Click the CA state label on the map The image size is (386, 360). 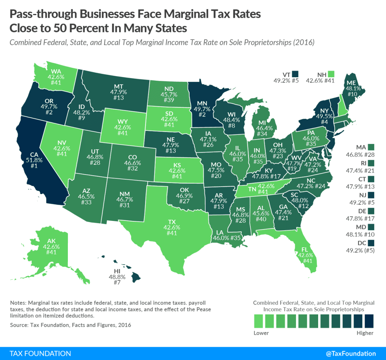pyautogui.click(x=34, y=155)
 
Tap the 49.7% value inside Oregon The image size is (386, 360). pyautogui.click(x=49, y=107)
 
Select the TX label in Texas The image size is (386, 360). pyautogui.click(x=172, y=222)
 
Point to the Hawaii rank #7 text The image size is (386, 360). pyautogui.click(x=117, y=282)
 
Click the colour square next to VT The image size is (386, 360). pyautogui.click(x=295, y=74)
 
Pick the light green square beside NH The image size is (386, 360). pyautogui.click(x=331, y=74)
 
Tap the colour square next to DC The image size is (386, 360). pyautogui.click(x=371, y=243)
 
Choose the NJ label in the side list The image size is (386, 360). pyautogui.click(x=363, y=195)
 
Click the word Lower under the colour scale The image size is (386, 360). pyautogui.click(x=261, y=333)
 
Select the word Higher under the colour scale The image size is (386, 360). pyautogui.click(x=365, y=333)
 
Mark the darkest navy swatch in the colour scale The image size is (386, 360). pyautogui.click(x=369, y=321)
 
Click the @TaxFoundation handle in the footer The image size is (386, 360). pyautogui.click(x=351, y=354)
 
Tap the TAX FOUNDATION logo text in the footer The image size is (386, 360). pyautogui.click(x=40, y=354)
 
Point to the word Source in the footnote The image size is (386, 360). pyautogui.click(x=19, y=325)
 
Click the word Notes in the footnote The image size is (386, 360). pyautogui.click(x=17, y=303)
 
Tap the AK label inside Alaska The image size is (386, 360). pyautogui.click(x=51, y=241)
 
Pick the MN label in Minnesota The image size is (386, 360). pyautogui.click(x=202, y=103)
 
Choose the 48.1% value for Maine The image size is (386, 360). pyautogui.click(x=353, y=89)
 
